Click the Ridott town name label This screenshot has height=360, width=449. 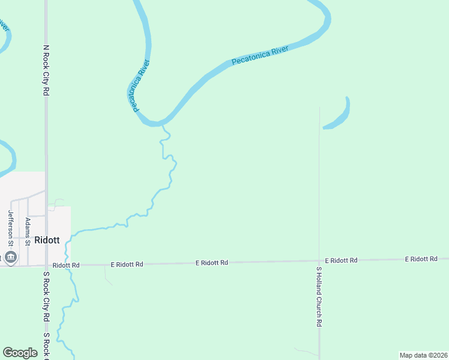(47, 239)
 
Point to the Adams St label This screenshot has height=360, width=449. (28, 229)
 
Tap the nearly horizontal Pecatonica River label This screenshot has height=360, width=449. (260, 55)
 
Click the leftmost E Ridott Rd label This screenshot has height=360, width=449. (127, 264)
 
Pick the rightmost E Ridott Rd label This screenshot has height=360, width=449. (421, 259)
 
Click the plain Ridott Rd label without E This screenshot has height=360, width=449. (66, 265)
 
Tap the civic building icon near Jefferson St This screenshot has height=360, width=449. (10, 258)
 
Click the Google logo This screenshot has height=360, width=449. (20, 353)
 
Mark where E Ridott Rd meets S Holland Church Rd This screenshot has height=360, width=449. (319, 261)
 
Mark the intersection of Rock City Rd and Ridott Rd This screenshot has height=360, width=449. (46, 265)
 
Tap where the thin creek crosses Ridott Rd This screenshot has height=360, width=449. (70, 265)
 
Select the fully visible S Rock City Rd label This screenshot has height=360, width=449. (46, 299)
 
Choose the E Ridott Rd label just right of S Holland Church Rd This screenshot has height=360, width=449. (341, 260)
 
